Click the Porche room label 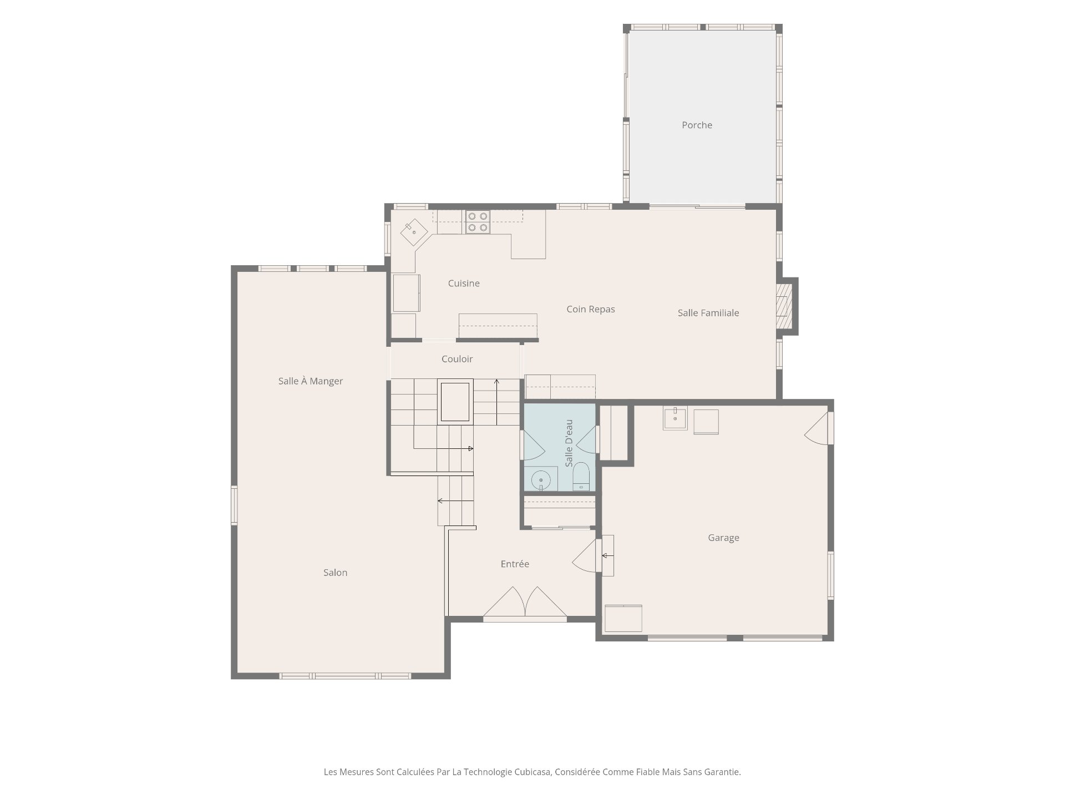click(697, 125)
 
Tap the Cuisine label click(464, 284)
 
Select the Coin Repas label click(591, 310)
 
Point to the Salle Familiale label click(708, 313)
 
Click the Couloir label click(457, 359)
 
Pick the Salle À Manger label click(311, 381)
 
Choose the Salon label click(335, 573)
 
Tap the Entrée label click(515, 564)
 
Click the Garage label click(723, 538)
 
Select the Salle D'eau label click(569, 443)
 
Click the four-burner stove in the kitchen click(478, 222)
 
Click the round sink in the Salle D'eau click(541, 481)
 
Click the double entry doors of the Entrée click(525, 601)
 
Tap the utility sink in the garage click(675, 418)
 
